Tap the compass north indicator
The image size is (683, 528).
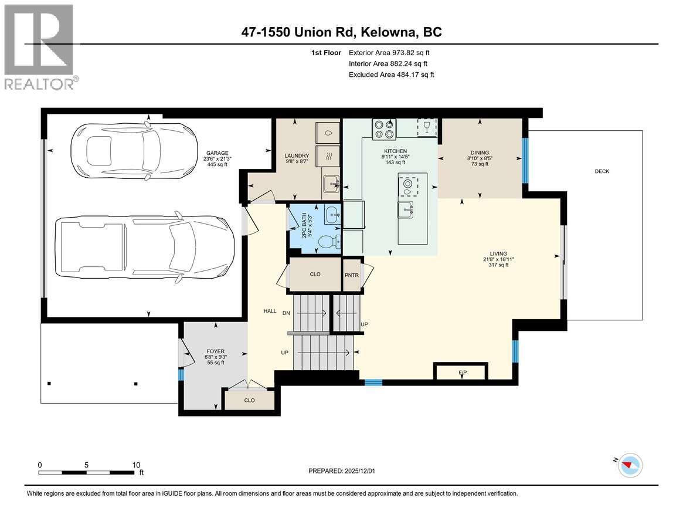(x=631, y=465)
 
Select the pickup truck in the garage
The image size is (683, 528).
(x=144, y=246)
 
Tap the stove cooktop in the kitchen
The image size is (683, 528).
(x=384, y=128)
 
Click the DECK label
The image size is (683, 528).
(x=602, y=171)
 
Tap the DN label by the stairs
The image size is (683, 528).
(x=286, y=313)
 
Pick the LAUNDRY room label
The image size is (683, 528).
(x=297, y=156)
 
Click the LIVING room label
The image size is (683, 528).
(x=495, y=253)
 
